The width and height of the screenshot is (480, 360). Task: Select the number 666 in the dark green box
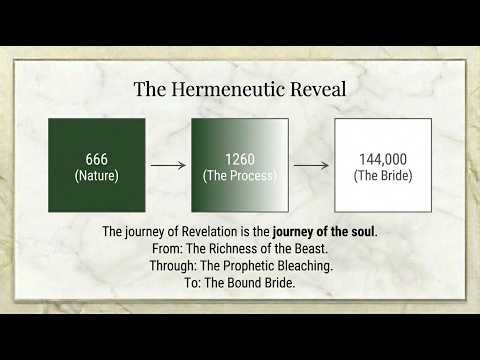(96, 158)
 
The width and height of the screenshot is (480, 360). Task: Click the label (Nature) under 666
(96, 175)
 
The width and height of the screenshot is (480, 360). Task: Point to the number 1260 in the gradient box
(240, 158)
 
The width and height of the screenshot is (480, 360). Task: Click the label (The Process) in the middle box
(240, 175)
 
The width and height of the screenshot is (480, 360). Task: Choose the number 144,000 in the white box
(383, 158)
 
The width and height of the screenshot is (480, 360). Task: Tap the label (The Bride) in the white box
(383, 175)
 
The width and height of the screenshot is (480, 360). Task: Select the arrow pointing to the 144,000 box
(312, 166)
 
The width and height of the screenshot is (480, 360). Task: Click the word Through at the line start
(150, 266)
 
